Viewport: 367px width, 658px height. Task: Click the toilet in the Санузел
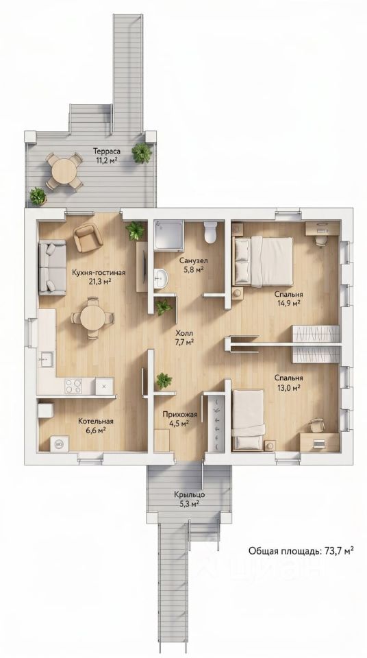(x=210, y=232)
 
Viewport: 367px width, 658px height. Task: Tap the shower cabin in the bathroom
(x=168, y=236)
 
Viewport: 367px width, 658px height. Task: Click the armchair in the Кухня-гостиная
(x=88, y=237)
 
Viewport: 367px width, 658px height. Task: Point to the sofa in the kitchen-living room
(x=52, y=267)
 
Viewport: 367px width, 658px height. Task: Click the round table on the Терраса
(x=64, y=171)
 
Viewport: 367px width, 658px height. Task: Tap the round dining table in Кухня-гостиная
(x=92, y=318)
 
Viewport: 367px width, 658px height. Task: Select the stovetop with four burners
(x=74, y=386)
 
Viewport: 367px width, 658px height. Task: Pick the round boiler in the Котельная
(x=59, y=443)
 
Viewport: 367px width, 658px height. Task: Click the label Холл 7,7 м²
(x=184, y=337)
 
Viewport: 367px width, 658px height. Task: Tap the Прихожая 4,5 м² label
(x=179, y=419)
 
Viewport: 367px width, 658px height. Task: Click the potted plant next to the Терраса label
(x=142, y=153)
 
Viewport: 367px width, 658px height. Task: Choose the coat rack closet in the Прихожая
(x=217, y=423)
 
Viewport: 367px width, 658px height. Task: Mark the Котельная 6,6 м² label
(x=96, y=425)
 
